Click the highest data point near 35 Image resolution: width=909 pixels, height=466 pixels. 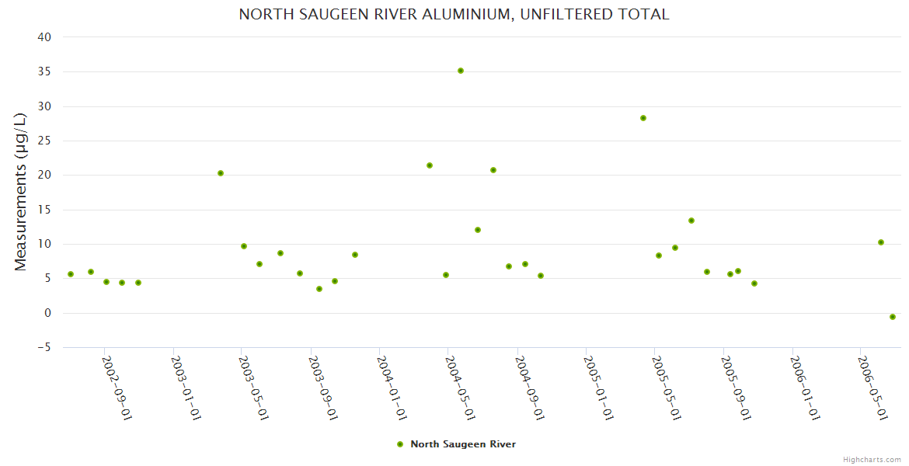(461, 71)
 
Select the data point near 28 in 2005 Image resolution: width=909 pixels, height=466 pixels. (643, 118)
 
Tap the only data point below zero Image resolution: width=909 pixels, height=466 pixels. (893, 317)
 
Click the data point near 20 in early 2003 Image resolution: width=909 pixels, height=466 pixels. (221, 173)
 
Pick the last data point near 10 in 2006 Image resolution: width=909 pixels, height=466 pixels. (881, 242)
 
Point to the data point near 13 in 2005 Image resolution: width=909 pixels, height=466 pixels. (691, 221)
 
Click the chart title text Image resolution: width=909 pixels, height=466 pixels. (454, 15)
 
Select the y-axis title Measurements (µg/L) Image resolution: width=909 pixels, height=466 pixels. (21, 192)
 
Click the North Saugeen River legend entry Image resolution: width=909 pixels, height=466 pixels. (462, 444)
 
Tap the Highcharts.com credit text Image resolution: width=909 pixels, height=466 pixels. (872, 459)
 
